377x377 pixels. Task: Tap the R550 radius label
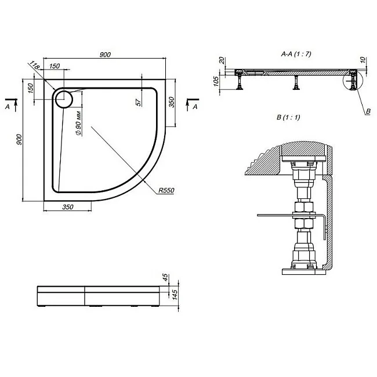pos(166,190)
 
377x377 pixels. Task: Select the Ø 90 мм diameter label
pos(79,123)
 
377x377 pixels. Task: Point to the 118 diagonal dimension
pos(34,65)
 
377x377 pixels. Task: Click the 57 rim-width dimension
pos(139,102)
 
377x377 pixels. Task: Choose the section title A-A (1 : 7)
pos(296,53)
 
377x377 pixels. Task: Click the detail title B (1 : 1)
pos(288,117)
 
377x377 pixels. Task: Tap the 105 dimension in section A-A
pos(216,81)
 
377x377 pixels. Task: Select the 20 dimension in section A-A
pos(222,60)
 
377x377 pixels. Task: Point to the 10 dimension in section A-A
pos(363,60)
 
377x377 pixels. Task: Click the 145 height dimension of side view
pos(175,295)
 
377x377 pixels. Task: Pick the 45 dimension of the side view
pos(165,277)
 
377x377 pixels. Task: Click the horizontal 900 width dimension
pos(105,55)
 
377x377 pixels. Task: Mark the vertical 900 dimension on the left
pos(19,140)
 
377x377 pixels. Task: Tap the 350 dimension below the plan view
pos(68,207)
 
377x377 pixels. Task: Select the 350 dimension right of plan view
pos(171,102)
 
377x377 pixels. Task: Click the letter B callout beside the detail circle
pos(368,111)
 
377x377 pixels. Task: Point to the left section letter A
pos(8,107)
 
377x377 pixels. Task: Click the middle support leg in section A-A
pos(296,82)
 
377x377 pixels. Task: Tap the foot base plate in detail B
pos(304,271)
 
